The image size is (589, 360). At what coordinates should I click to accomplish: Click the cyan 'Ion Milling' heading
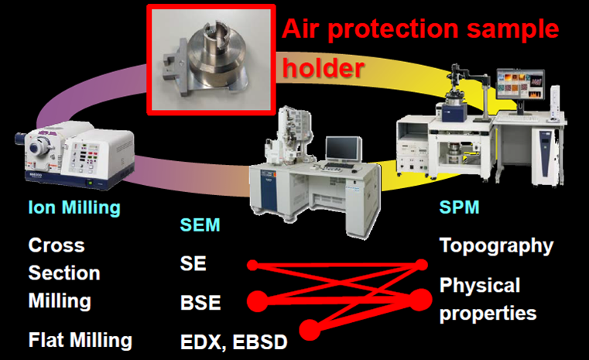point(74,207)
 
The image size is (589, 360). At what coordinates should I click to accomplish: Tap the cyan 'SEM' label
point(200,225)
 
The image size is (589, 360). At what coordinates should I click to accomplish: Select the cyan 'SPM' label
point(460,207)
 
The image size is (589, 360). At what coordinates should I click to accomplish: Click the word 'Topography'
point(496,246)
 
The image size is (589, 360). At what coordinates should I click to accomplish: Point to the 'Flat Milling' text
point(80,340)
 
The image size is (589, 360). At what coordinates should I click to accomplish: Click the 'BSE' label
point(200,303)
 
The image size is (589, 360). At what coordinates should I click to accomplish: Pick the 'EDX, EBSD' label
point(234,342)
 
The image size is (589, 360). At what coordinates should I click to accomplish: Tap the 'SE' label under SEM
point(193,263)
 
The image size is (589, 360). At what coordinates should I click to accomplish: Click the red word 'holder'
point(323,68)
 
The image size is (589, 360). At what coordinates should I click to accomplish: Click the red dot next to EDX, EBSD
point(310,330)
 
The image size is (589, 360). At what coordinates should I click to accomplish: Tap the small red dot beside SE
point(252,266)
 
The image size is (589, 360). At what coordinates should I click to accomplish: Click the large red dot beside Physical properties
point(420,300)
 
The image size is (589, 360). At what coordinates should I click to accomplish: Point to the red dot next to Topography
point(423,265)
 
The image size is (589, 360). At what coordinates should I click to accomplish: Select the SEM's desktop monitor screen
point(343,149)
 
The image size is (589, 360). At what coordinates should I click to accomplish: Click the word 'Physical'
point(480,286)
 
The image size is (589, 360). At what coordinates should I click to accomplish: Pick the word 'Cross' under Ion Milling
point(57,245)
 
